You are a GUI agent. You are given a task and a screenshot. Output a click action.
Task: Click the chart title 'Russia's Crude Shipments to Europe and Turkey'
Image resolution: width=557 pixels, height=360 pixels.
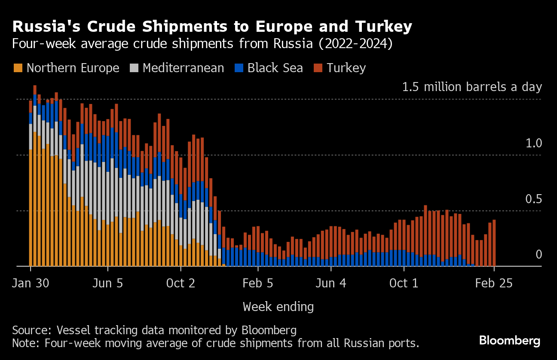(212, 27)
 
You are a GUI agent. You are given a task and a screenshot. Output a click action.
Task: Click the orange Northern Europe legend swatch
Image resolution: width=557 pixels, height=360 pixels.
(18, 68)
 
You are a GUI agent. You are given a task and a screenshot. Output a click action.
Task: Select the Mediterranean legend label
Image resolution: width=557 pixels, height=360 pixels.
(183, 68)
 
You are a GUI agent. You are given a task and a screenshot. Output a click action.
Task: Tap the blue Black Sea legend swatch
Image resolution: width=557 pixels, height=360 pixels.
(239, 68)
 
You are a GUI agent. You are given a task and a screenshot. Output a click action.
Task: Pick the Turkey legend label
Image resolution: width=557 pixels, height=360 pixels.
(346, 68)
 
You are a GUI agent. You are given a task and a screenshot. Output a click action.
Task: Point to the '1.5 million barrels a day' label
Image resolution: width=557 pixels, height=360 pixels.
(472, 87)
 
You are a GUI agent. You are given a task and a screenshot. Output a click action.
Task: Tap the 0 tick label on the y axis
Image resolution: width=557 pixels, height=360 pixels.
(539, 255)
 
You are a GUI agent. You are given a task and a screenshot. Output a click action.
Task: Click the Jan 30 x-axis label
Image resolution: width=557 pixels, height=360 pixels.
(31, 284)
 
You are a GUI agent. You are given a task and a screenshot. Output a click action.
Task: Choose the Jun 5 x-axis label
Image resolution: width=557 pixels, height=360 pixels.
(107, 284)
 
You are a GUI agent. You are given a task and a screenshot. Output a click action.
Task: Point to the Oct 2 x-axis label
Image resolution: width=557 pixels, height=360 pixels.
(181, 284)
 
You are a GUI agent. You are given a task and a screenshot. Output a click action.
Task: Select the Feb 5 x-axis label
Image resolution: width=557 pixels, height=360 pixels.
(258, 284)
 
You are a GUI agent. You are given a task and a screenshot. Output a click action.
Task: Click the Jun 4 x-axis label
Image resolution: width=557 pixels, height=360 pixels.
(331, 284)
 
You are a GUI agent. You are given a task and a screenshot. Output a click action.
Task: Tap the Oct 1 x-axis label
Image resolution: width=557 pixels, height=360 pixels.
(404, 284)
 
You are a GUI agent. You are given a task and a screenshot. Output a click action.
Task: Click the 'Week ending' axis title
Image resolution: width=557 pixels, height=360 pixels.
(278, 307)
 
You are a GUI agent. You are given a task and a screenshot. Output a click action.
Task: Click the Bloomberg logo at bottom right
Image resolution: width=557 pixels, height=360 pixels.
(509, 341)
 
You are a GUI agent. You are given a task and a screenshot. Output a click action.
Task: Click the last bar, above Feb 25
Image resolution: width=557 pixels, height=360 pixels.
(494, 243)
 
